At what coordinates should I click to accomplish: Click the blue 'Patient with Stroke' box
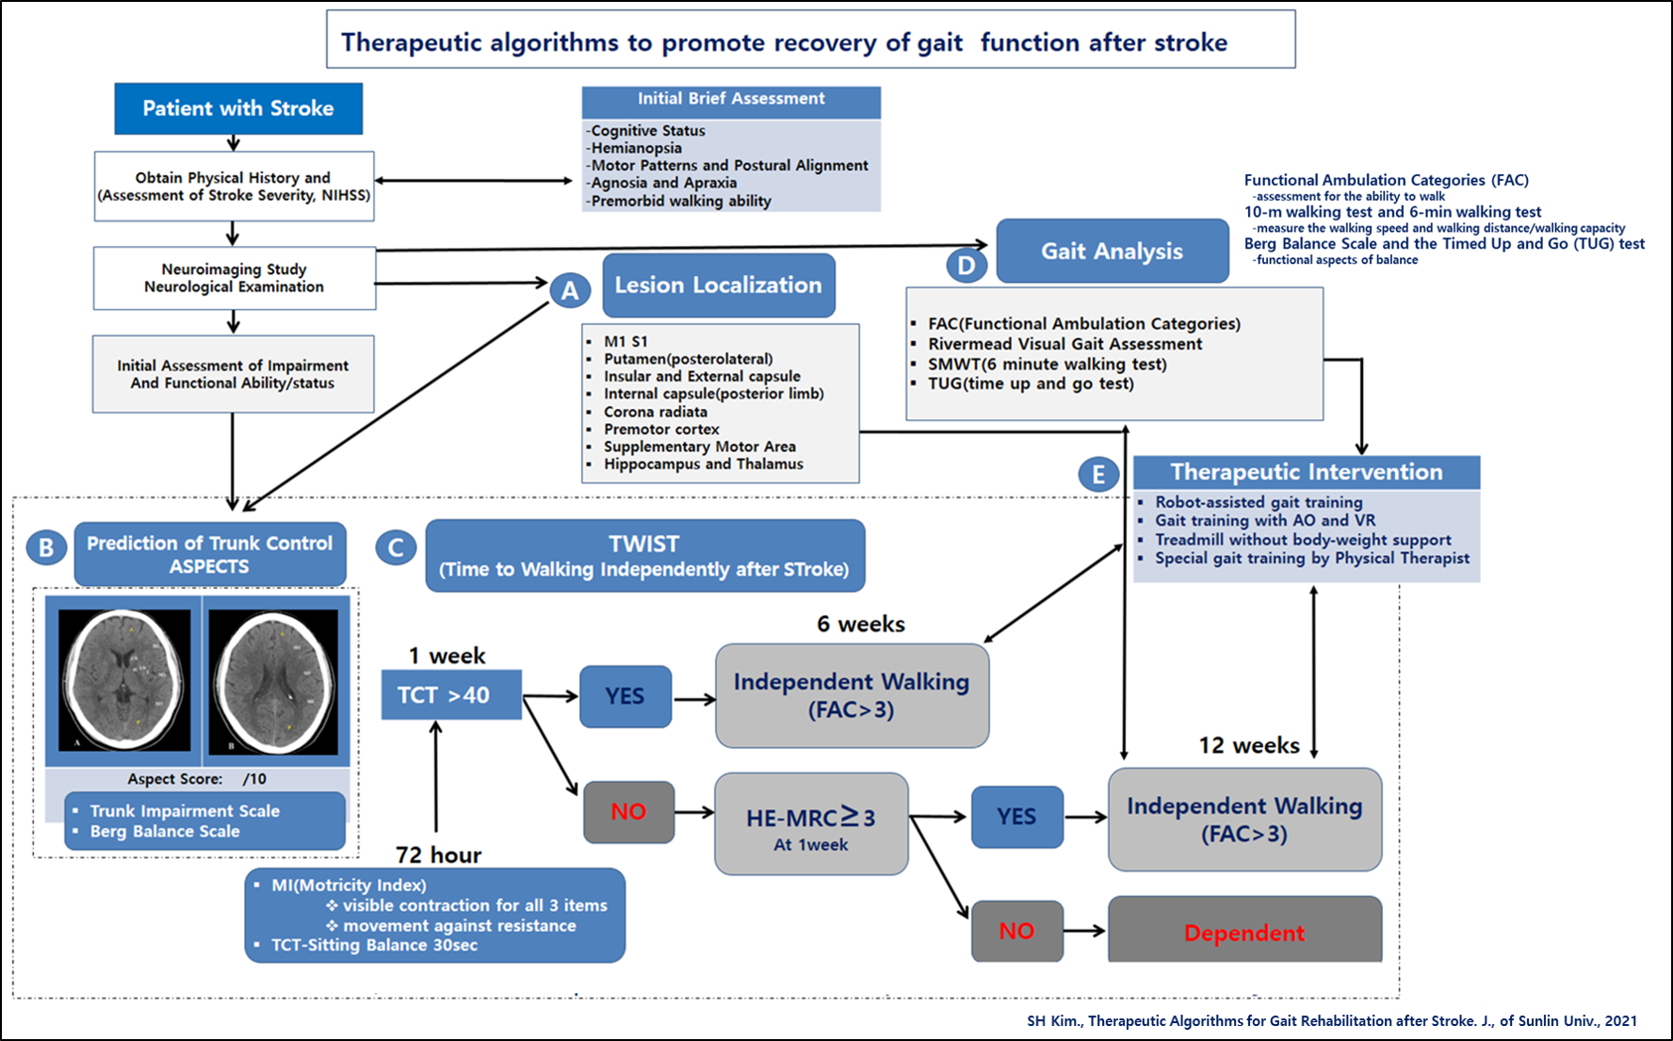[238, 108]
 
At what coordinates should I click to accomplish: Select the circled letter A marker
[570, 290]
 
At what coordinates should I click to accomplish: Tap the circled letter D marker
[966, 265]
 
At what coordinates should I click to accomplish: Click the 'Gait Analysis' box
[1113, 251]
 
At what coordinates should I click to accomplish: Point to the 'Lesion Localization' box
[719, 285]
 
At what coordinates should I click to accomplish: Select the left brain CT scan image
[124, 679]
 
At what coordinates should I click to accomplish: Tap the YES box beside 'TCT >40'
[625, 696]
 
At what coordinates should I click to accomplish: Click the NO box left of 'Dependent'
[1017, 931]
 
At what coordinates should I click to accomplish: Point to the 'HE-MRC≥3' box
[811, 824]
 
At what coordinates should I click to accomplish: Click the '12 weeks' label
[1249, 745]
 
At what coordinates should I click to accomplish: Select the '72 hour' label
[438, 854]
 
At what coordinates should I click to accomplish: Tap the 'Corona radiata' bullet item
[656, 412]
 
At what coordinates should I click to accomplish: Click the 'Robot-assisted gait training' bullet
[1259, 502]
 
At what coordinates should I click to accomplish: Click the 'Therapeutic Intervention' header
[1307, 472]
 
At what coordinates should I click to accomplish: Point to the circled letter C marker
[396, 548]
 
